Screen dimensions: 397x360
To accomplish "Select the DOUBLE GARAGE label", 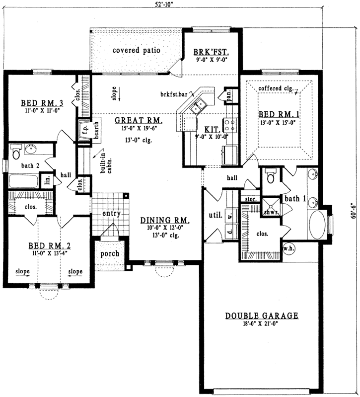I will point(262,315).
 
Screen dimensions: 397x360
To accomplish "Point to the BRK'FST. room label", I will point(211,51).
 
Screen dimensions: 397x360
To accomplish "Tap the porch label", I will point(109,253).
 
